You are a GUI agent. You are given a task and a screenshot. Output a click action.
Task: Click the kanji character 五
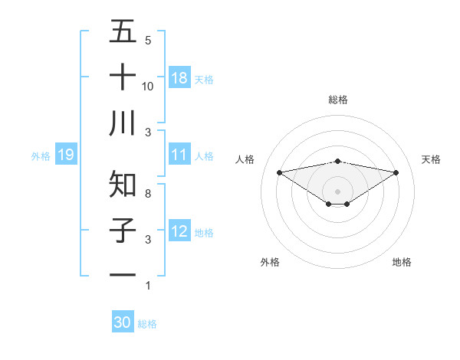(123, 31)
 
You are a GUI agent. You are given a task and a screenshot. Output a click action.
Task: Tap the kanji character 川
(123, 123)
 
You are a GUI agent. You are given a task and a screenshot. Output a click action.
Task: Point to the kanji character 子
(123, 231)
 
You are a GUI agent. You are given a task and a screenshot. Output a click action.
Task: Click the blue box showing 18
(179, 78)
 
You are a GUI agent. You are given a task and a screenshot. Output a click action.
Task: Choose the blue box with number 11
(179, 155)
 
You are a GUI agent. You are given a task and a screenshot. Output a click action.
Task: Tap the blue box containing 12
(179, 231)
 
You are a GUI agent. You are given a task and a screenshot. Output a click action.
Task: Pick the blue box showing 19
(66, 155)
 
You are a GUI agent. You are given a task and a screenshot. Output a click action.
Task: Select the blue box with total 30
(123, 322)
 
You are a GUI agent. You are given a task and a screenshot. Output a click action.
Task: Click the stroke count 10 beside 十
(149, 87)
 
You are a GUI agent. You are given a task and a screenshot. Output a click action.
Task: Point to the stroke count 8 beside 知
(147, 194)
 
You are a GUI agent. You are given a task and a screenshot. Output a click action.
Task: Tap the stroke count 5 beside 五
(147, 41)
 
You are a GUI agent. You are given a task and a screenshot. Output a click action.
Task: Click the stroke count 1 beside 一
(147, 286)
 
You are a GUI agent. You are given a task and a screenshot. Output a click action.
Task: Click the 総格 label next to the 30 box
(147, 324)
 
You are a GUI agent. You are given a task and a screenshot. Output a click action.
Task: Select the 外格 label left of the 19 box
(41, 156)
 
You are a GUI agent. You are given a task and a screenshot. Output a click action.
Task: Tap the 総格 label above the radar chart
(338, 100)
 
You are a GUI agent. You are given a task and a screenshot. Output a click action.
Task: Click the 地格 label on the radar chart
(402, 262)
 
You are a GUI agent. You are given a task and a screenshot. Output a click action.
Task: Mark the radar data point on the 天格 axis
(396, 172)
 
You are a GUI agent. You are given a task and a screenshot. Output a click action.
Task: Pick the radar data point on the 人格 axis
(279, 172)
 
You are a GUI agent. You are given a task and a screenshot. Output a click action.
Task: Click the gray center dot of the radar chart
(338, 191)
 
